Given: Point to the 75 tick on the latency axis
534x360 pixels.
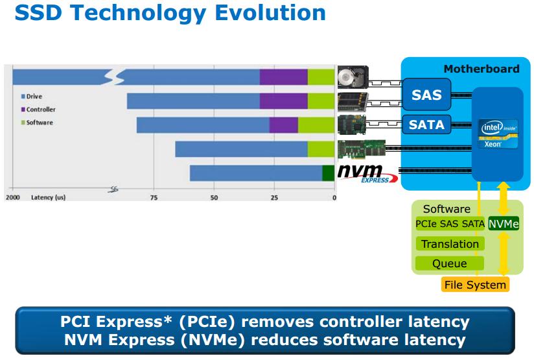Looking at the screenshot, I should [154, 197].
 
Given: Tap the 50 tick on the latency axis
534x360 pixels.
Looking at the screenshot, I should [214, 197].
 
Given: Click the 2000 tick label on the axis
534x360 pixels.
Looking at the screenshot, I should [13, 197].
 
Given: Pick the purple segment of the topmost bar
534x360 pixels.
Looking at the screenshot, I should [283, 77].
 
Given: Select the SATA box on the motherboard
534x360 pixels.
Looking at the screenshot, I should [427, 123].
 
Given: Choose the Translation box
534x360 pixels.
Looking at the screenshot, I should [450, 244].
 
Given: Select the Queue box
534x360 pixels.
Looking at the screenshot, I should [450, 263].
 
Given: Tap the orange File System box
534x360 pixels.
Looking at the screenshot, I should [475, 284].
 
